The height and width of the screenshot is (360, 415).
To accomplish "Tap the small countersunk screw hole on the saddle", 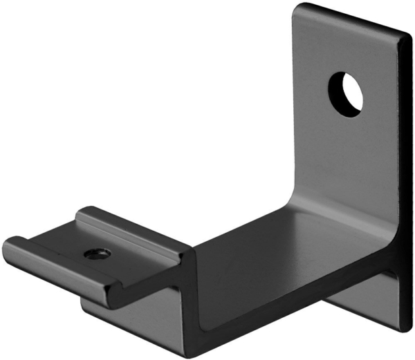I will click(95, 254).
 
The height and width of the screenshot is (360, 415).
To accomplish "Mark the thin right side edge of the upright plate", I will click(406, 173).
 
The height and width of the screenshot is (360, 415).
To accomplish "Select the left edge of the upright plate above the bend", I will click(294, 104).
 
